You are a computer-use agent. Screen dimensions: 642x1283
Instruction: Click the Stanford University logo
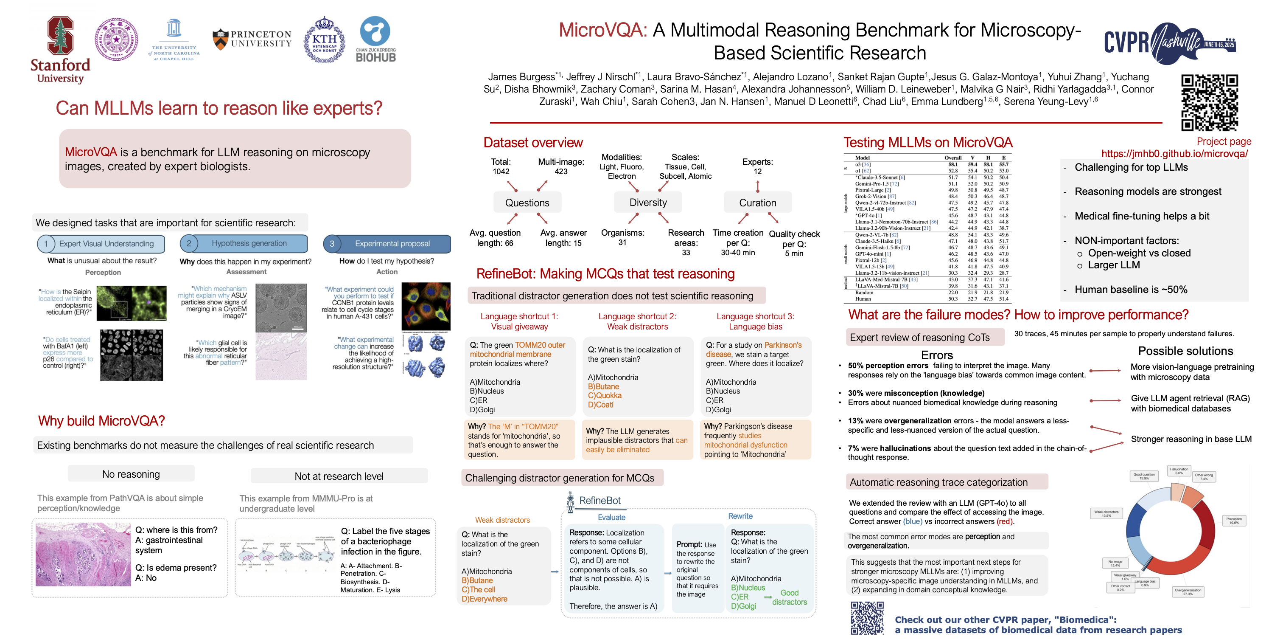tap(60, 49)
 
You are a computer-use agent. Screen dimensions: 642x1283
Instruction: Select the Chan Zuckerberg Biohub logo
tap(375, 39)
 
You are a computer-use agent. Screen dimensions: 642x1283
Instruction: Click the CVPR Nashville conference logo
tap(1168, 43)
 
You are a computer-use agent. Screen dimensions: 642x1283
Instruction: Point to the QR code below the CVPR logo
tap(1209, 103)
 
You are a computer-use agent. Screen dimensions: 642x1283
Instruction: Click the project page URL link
tap(1174, 154)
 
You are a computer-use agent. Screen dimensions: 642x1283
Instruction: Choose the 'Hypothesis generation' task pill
tap(244, 244)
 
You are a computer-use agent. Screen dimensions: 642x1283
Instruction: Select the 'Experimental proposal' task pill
tap(387, 244)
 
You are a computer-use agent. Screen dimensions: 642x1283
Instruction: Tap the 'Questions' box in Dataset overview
tap(527, 203)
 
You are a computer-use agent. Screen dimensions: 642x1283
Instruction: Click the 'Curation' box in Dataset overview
tap(757, 203)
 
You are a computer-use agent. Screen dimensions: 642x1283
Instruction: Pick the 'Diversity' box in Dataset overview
tap(647, 203)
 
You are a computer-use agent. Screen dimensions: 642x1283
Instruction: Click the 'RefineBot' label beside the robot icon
tap(599, 501)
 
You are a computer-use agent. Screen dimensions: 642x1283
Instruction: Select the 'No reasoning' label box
tap(131, 474)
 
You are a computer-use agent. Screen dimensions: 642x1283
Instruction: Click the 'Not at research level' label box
tap(339, 476)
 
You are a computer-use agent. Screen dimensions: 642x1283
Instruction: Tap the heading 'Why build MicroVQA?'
tap(101, 421)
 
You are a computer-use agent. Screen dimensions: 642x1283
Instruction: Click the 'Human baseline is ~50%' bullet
tap(1131, 290)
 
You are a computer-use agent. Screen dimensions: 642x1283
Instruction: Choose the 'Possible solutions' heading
tap(1185, 351)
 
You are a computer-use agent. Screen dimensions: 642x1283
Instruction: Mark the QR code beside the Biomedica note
tap(867, 618)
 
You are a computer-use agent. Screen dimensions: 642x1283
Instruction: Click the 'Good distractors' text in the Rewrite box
tap(790, 597)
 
